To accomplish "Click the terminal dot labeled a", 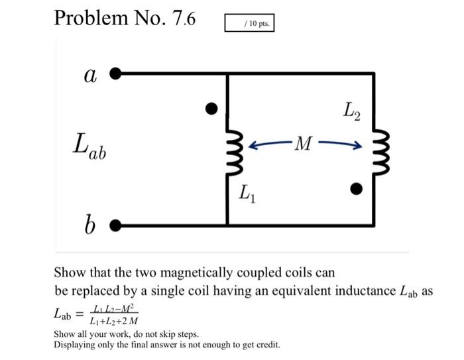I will tap(115, 74).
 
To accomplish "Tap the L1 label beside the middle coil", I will tap(247, 194).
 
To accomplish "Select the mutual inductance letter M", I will tap(302, 143).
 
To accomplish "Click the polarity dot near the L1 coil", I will tap(211, 107).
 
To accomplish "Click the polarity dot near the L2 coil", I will tap(357, 190).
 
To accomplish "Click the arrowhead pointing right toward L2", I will tap(358, 143).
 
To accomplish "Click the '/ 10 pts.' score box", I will tap(249, 23).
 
